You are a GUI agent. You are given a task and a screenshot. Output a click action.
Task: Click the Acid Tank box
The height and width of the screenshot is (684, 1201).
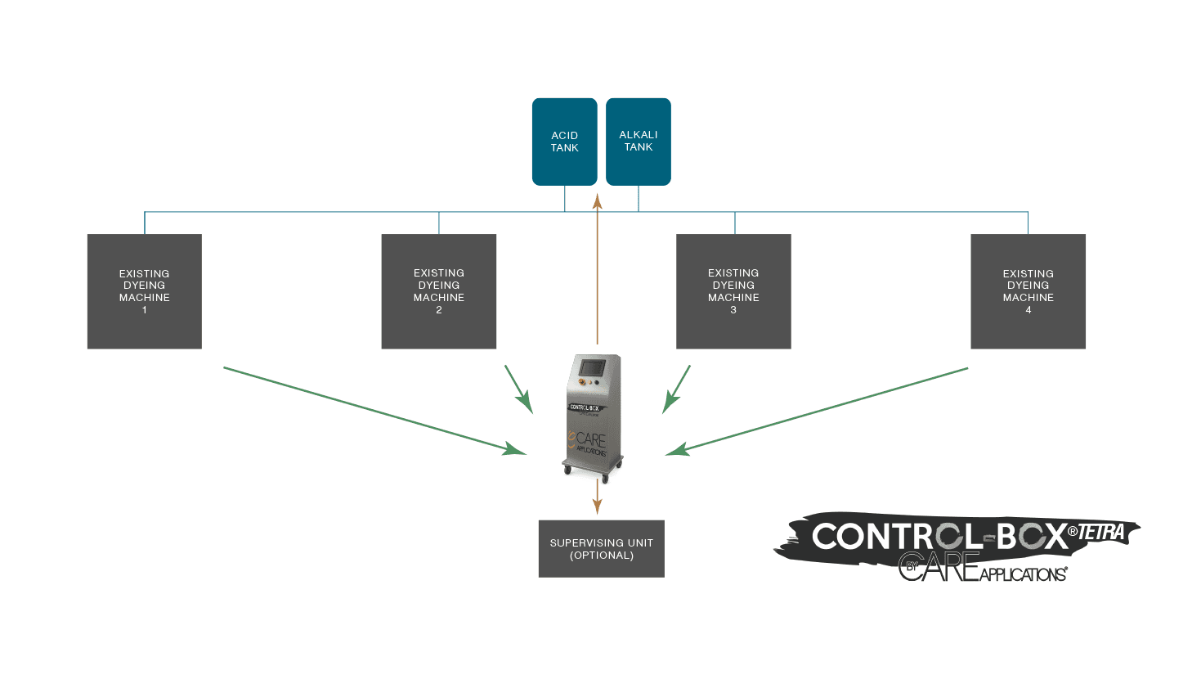(x=564, y=142)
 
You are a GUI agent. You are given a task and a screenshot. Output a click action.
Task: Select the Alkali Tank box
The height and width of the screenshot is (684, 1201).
(x=638, y=142)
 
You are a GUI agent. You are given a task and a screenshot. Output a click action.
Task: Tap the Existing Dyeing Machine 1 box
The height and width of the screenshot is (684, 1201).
(x=144, y=291)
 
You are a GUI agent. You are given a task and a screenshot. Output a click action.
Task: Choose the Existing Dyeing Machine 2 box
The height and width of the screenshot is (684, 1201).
(x=438, y=291)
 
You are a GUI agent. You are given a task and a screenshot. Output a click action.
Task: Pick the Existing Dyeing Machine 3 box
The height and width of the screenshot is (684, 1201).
(x=733, y=291)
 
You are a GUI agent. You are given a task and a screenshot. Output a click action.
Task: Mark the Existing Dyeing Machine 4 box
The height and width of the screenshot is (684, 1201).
(x=1028, y=291)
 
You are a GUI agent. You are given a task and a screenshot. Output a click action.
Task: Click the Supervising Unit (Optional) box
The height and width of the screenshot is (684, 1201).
(x=601, y=549)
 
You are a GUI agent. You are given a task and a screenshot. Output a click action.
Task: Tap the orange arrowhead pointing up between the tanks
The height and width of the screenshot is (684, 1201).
(x=597, y=200)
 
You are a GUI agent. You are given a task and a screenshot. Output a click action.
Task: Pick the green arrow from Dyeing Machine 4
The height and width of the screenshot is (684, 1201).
(x=818, y=411)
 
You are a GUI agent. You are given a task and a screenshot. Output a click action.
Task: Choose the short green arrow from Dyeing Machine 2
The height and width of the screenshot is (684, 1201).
(x=518, y=389)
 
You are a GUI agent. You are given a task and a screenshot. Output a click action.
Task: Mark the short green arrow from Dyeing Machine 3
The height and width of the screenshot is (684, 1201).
(x=677, y=389)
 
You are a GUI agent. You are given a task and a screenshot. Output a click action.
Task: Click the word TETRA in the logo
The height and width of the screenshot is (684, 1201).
(x=1101, y=533)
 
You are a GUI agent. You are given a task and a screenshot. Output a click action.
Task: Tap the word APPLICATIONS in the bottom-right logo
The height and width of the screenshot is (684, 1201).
(x=1023, y=574)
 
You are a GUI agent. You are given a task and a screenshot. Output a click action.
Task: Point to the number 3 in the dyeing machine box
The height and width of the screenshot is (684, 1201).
(x=733, y=310)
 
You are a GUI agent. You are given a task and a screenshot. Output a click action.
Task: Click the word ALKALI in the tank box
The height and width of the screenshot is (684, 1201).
(x=638, y=135)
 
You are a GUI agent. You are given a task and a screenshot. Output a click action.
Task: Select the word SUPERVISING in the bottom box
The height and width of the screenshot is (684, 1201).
(x=583, y=542)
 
